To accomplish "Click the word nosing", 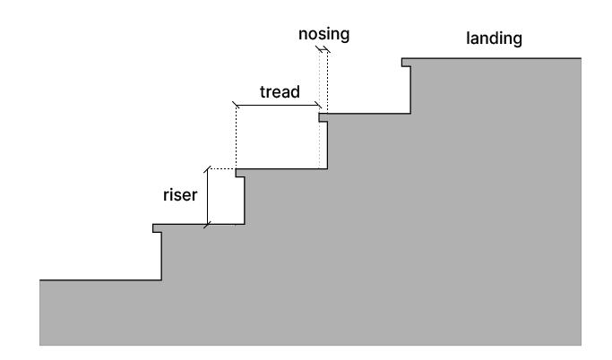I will click(323, 35).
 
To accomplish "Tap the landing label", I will click(494, 39).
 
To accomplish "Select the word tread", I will click(279, 91).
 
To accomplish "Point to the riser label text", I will click(179, 194).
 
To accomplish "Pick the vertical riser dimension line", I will click(208, 196).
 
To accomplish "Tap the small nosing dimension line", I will click(323, 51).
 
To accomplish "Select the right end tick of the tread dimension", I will click(320, 107).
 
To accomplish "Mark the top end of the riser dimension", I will click(208, 168).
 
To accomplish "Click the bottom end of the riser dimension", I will click(208, 224).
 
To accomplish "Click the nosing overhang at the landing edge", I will click(406, 63).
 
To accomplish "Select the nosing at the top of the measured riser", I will click(239, 173).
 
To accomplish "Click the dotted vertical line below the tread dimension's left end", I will click(236, 139).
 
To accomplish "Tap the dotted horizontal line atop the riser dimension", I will click(221, 168).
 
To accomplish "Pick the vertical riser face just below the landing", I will click(411, 89).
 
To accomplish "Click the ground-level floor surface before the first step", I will click(99, 280).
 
